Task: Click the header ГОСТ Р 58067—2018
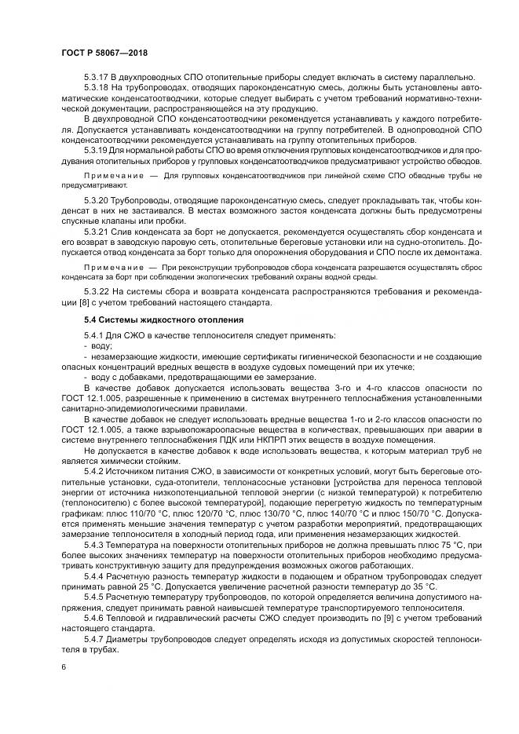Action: tap(104, 51)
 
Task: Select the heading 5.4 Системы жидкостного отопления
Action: tap(153, 320)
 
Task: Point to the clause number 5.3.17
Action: tap(97, 76)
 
